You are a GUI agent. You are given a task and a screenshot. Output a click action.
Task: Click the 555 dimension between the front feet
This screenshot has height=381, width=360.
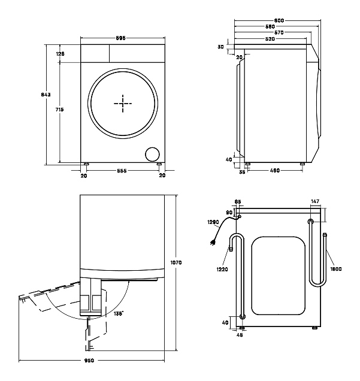122,171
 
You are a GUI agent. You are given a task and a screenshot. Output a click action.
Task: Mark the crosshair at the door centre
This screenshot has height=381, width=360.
123,103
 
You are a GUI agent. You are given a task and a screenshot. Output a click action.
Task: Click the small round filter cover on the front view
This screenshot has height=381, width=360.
153,154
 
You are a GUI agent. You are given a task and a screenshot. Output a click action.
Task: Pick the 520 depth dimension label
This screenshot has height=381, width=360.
270,39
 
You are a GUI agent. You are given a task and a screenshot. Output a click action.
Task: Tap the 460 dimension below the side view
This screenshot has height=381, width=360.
275,171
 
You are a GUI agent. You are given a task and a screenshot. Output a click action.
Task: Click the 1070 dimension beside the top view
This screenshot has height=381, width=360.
176,262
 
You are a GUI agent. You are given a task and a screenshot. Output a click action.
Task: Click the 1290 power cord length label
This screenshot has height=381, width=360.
214,222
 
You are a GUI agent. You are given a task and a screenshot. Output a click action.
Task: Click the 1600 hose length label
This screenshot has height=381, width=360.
335,270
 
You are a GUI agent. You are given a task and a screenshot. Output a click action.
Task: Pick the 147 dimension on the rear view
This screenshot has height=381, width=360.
315,202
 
